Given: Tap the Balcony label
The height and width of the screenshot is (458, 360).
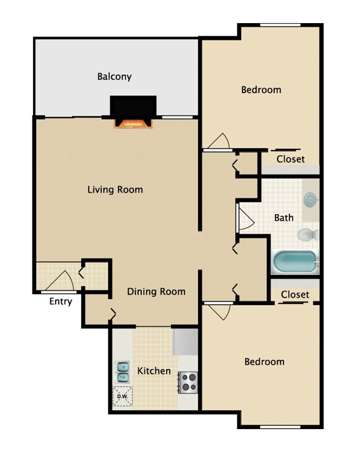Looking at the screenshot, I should pos(115,77).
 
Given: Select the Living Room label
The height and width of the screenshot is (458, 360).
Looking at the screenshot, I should pos(115,190).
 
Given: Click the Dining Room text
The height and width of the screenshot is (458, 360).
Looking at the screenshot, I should pos(156,292).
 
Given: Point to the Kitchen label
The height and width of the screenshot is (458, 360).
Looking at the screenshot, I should pos(154,370).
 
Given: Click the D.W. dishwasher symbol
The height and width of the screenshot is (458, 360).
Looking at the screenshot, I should pos(123,396).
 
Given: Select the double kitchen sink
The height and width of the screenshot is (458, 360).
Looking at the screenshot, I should pos(123,372).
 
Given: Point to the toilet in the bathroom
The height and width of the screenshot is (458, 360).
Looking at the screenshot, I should pos(307,234).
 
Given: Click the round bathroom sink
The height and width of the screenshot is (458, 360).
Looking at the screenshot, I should pos(310,199).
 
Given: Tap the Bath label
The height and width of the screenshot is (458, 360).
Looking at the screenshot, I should pos(284,218).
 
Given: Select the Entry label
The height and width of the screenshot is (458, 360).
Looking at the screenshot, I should pos(60,302).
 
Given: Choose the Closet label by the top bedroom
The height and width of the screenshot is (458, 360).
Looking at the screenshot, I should pos(290,159).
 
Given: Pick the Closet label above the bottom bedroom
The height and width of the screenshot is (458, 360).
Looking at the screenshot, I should pos(295,294).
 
